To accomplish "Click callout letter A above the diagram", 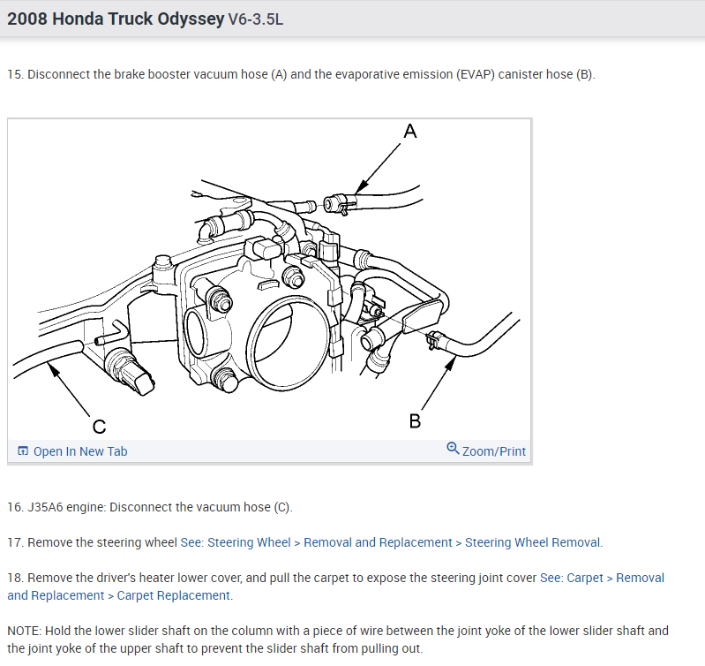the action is [409, 132].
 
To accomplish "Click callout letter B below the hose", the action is [415, 420].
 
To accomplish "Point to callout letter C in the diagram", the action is [99, 428].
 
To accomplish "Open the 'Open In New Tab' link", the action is [79, 451].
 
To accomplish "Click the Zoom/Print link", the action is [493, 451].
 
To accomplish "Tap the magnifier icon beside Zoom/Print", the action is [453, 449].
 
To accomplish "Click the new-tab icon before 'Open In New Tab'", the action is [23, 451].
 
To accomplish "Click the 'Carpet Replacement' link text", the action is [173, 595].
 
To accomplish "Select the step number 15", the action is [14, 74].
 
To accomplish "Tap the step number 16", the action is [14, 507].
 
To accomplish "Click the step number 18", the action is [14, 578].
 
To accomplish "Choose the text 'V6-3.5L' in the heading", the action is [256, 19].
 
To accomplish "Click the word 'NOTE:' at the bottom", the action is [27, 631].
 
